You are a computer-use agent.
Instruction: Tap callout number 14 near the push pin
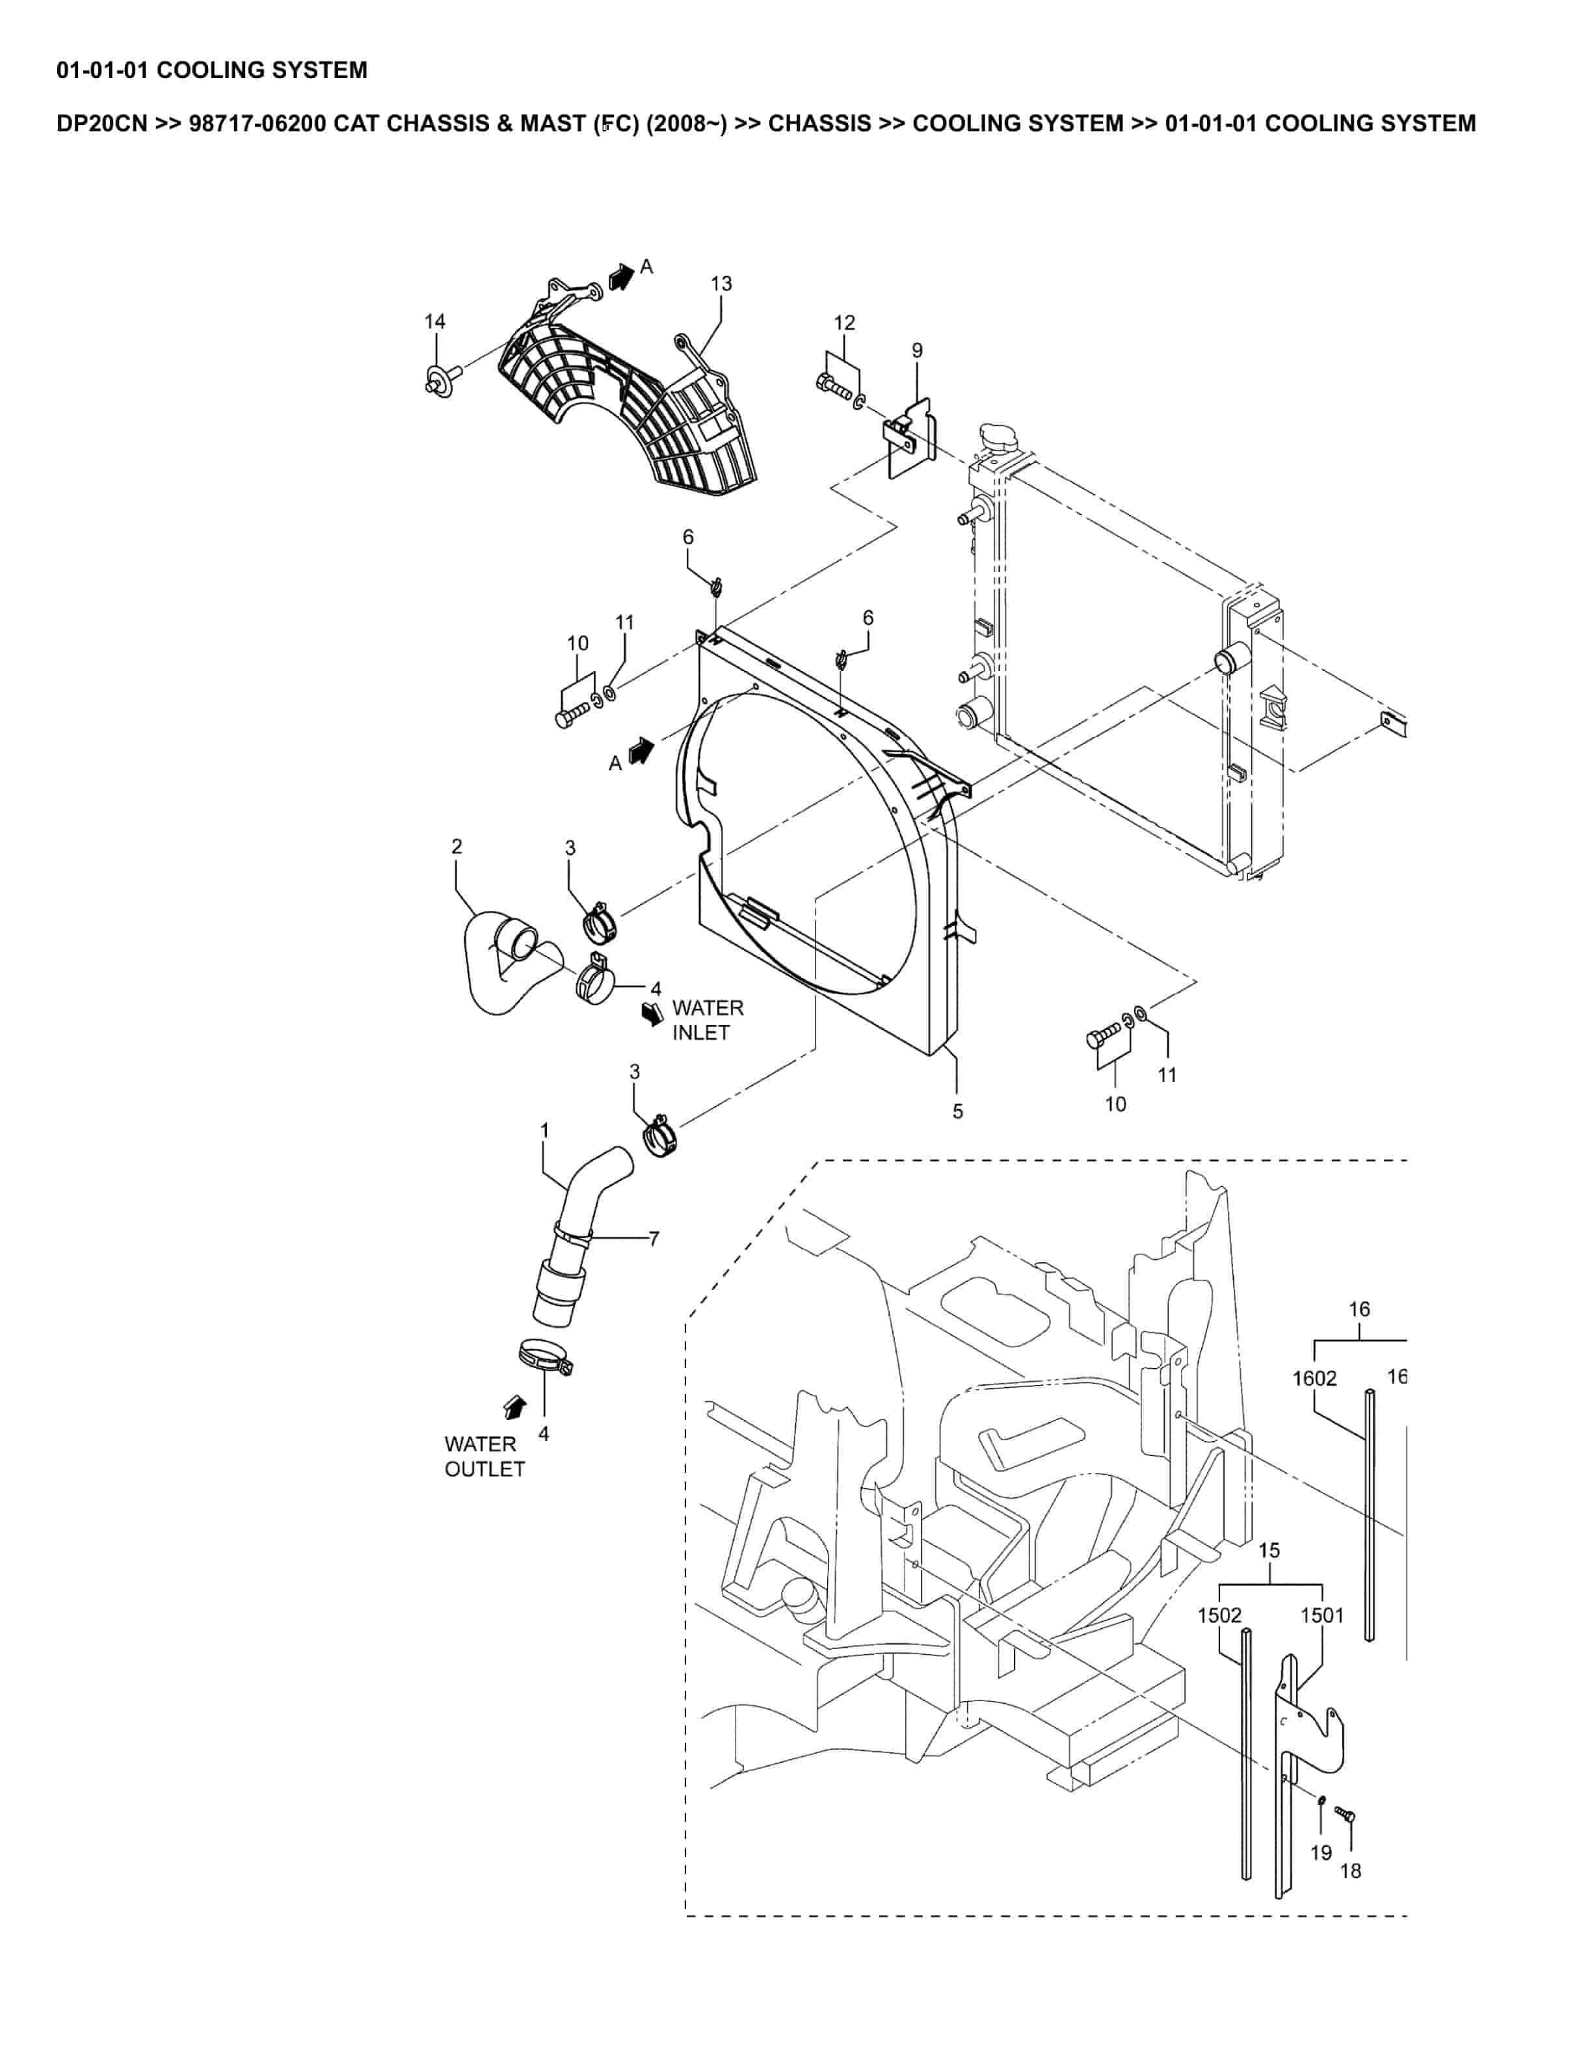[x=435, y=322]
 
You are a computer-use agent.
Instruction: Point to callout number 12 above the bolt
[x=844, y=323]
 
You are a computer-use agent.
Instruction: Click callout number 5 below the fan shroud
[x=957, y=1112]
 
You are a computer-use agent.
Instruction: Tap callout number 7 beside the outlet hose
[x=654, y=1239]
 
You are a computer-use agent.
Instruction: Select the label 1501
[x=1322, y=1615]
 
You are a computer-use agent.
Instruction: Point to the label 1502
[x=1219, y=1615]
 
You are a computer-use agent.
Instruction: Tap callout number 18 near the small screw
[x=1351, y=1870]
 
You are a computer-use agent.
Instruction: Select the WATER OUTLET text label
[x=484, y=1457]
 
